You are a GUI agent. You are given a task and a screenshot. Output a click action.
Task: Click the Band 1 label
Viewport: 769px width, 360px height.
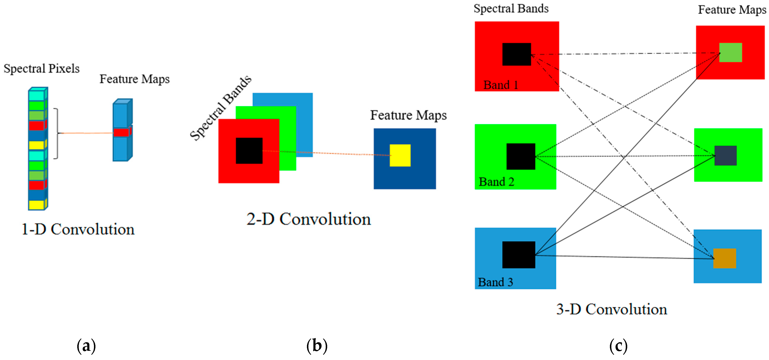501,85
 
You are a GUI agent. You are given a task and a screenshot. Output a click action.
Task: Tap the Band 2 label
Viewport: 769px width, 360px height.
497,182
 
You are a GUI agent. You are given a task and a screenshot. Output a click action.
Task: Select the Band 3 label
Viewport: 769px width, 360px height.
495,282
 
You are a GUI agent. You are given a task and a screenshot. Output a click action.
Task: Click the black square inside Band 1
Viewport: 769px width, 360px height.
516,54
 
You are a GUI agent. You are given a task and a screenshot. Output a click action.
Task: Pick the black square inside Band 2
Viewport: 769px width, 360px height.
521,156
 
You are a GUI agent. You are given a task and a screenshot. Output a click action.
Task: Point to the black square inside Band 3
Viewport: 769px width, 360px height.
518,255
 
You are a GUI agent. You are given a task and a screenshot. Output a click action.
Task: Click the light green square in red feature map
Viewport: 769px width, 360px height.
731,53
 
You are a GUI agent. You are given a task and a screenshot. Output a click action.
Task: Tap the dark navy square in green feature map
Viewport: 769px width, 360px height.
725,156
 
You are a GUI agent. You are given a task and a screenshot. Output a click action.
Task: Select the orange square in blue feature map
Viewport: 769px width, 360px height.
725,258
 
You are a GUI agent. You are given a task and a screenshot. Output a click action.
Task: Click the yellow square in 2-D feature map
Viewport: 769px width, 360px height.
400,155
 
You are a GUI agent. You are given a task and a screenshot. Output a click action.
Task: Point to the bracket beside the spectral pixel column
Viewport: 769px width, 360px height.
56,133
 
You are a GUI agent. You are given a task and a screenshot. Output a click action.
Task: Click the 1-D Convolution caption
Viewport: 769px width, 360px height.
78,229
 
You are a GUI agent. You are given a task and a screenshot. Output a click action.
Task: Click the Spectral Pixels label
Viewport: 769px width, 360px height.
42,69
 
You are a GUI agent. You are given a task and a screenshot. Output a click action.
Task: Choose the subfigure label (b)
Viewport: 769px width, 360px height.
317,346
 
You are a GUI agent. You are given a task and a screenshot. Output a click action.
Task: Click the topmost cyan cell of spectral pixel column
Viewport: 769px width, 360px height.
36,95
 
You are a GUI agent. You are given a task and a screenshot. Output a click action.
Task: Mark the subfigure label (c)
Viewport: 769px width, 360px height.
618,346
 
